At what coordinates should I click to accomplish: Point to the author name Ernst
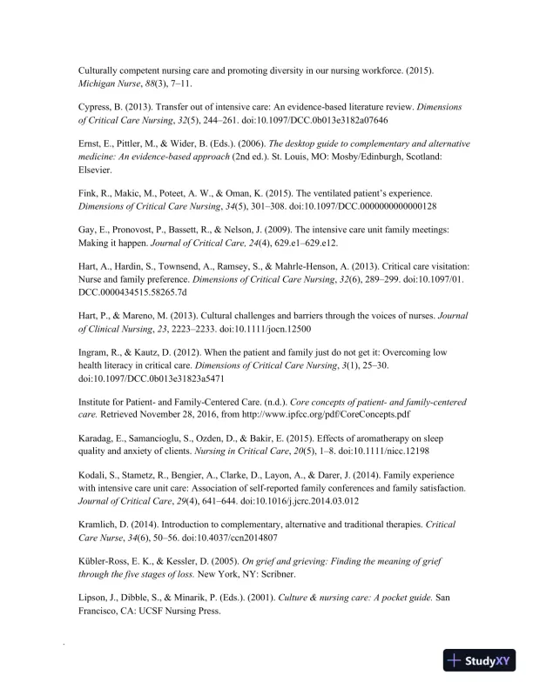[91, 144]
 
